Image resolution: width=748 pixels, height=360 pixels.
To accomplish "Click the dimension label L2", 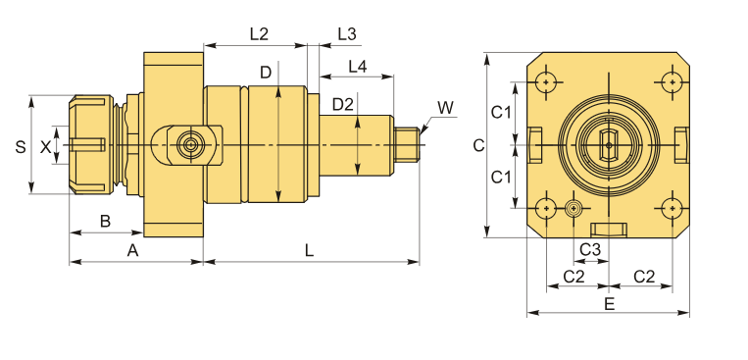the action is pos(259,34).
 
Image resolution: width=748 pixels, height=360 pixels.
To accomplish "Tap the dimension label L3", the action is pos(347,34).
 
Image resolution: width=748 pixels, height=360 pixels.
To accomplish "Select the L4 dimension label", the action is pos(357,67).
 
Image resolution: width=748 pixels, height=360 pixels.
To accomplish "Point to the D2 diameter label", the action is pos(343,104).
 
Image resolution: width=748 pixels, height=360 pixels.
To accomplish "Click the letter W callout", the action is pos(445,108).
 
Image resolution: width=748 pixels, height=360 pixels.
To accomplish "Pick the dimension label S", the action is pos(20,146).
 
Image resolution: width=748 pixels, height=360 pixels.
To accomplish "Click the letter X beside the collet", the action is pos(45,147).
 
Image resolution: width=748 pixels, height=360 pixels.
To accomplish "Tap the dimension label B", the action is pos(105,221).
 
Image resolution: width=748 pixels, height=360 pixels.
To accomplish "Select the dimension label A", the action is pos(132,250).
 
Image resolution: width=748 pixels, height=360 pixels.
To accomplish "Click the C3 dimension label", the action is pos(589,249).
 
